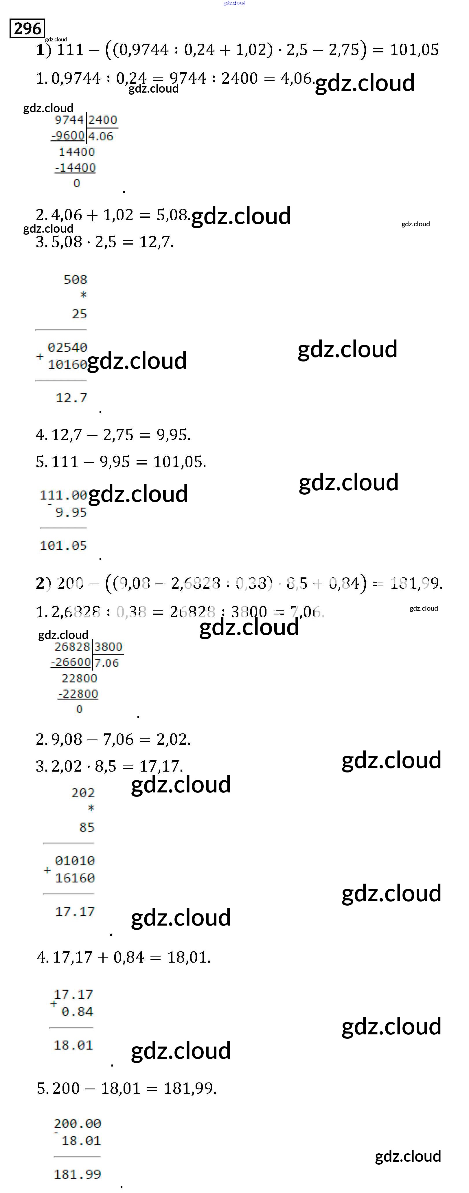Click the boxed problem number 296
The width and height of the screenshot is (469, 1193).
(x=27, y=29)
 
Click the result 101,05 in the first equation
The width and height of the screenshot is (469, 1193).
(x=414, y=49)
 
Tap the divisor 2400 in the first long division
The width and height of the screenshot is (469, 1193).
(x=102, y=120)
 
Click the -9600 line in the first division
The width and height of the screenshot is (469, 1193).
(x=68, y=136)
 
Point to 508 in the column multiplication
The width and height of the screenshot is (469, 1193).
(x=76, y=280)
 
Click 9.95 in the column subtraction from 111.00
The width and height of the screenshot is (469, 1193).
(x=71, y=512)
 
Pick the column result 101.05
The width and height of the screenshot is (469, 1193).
(x=63, y=546)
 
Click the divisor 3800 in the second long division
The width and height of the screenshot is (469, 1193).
(x=108, y=647)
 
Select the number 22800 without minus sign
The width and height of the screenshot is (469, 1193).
(x=79, y=678)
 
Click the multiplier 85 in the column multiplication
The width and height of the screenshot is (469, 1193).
(x=87, y=827)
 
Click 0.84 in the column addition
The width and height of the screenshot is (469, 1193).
(x=77, y=1012)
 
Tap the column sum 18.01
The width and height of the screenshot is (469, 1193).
(x=73, y=1045)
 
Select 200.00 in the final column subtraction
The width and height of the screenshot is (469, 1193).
(x=77, y=1124)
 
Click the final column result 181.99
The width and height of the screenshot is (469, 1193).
(x=77, y=1174)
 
